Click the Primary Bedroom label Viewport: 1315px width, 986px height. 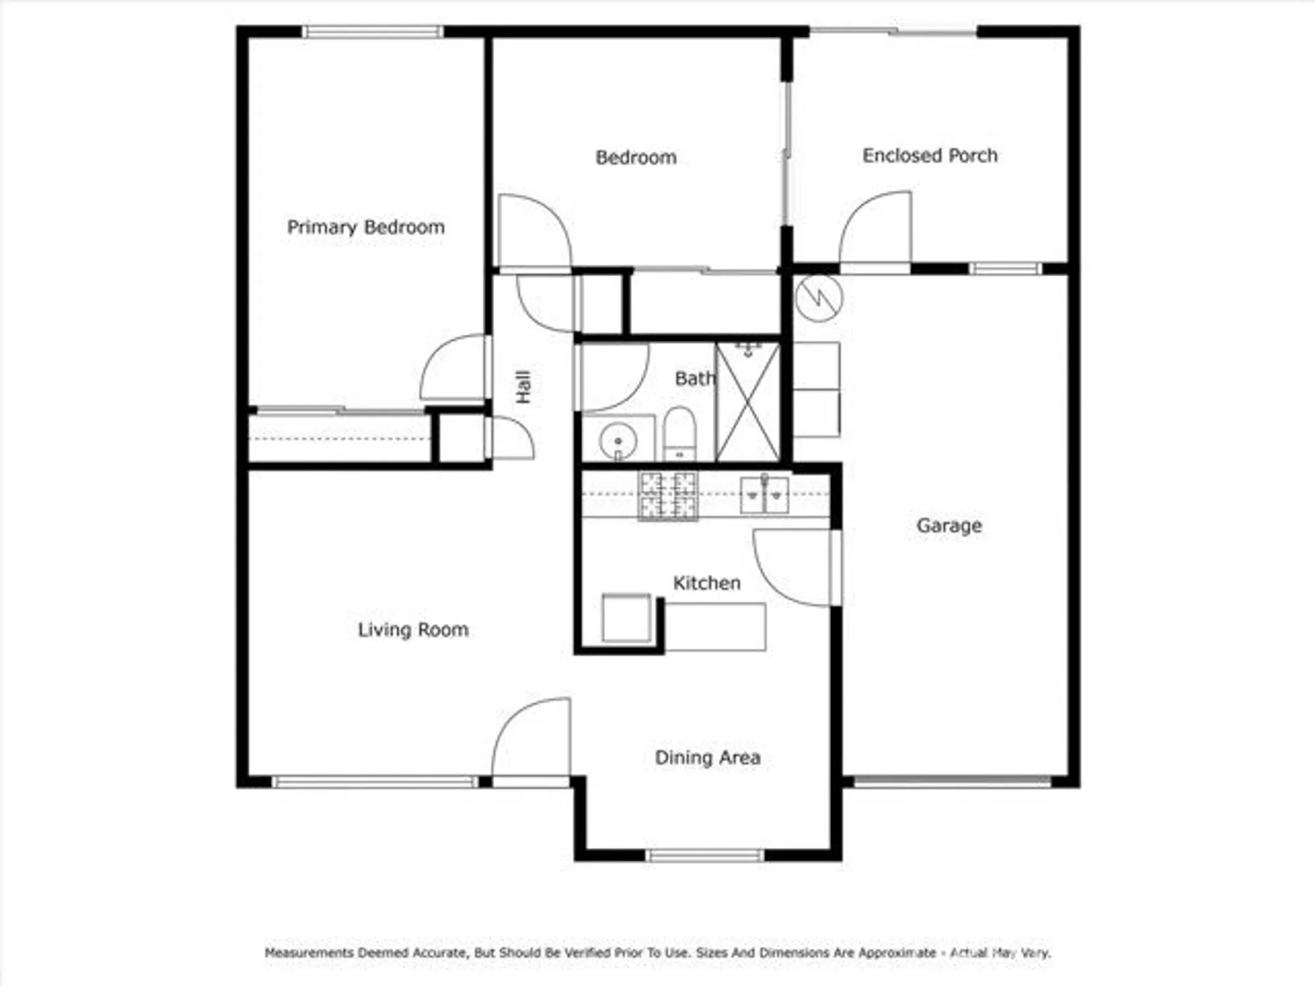366,227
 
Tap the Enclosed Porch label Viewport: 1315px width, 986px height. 930,156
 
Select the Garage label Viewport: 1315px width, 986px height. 949,525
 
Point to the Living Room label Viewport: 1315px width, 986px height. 413,630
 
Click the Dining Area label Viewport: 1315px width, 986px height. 707,757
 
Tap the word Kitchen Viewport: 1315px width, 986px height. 707,583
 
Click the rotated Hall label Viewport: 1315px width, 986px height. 523,387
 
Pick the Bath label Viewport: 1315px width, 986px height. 695,379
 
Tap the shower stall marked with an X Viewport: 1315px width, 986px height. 748,402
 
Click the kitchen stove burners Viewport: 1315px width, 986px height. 667,496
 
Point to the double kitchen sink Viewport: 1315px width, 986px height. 764,495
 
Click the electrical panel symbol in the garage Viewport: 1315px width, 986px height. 818,298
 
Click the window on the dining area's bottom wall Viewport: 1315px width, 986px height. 705,855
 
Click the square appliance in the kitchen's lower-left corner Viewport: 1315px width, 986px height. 626,617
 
